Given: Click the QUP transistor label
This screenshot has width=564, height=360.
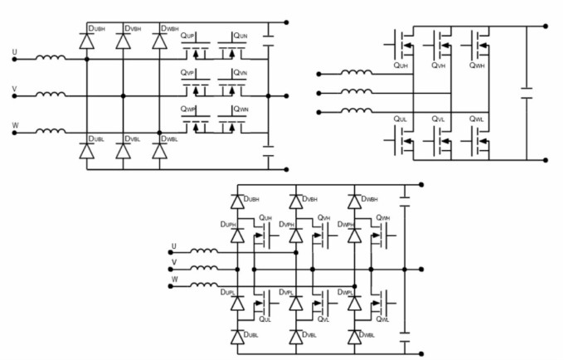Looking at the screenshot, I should (x=187, y=37).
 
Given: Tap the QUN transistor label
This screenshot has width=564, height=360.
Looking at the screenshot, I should (x=241, y=37).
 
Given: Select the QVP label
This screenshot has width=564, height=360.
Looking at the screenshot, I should (x=187, y=73).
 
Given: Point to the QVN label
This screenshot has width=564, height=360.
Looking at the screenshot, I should (x=241, y=73).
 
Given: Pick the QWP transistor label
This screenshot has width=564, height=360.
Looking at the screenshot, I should (x=187, y=109).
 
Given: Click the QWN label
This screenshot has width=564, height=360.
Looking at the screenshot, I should (x=241, y=109).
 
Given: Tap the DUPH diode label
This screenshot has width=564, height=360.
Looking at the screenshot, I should (x=228, y=225).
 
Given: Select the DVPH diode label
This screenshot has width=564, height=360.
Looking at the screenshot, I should (x=287, y=225).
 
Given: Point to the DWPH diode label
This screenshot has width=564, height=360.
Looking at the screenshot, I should (x=346, y=225).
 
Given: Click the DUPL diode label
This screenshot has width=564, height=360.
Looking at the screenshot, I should (x=228, y=293).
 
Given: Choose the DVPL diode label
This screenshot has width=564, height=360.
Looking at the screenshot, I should (x=287, y=293).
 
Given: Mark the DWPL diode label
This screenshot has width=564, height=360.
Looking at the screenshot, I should (x=346, y=293).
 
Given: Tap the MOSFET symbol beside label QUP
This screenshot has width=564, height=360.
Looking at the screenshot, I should (x=196, y=52).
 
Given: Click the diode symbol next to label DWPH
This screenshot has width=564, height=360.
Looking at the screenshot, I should (x=355, y=237).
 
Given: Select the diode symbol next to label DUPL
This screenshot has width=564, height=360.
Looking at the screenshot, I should (x=237, y=304).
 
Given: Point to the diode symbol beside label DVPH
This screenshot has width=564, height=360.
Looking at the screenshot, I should (x=296, y=237).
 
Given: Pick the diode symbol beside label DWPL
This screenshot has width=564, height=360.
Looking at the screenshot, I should (x=355, y=304).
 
